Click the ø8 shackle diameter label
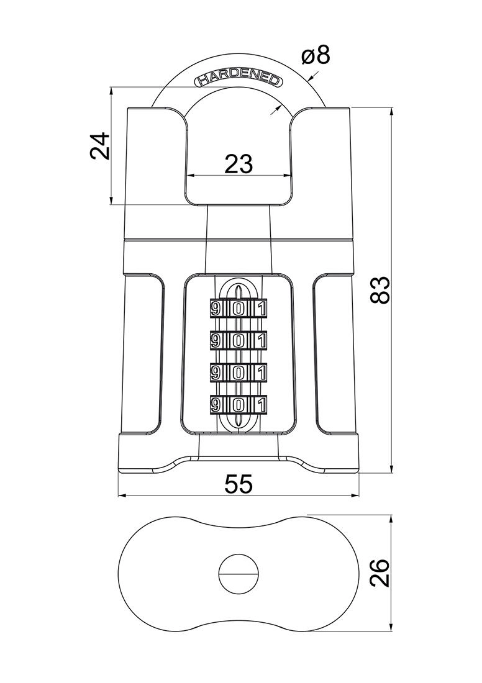(x=315, y=57)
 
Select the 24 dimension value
(x=100, y=147)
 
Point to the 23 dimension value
(x=239, y=164)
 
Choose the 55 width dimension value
(x=239, y=484)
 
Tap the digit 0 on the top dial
(x=238, y=309)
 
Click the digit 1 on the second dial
(x=261, y=341)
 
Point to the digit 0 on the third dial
(x=238, y=373)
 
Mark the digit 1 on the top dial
(x=261, y=309)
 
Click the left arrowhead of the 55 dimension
(x=122, y=496)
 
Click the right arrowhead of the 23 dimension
(x=288, y=176)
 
